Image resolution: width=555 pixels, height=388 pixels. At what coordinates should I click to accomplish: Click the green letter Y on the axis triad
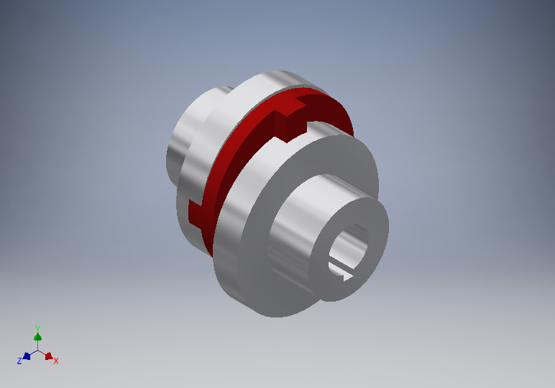pyautogui.click(x=37, y=328)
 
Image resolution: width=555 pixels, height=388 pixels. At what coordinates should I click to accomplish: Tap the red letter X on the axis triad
pyautogui.click(x=56, y=361)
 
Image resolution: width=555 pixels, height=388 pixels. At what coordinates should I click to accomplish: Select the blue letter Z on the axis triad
pyautogui.click(x=19, y=361)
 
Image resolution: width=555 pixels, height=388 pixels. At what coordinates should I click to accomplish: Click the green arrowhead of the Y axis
pyautogui.click(x=37, y=337)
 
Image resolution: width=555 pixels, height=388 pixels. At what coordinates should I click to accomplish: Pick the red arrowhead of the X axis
pyautogui.click(x=48, y=356)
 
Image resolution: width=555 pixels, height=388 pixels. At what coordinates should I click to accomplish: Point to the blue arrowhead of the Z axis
pyautogui.click(x=27, y=356)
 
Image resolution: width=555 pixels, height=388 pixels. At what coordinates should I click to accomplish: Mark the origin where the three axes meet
pyautogui.click(x=37, y=351)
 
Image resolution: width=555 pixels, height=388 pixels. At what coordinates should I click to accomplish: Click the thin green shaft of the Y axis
pyautogui.click(x=37, y=345)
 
